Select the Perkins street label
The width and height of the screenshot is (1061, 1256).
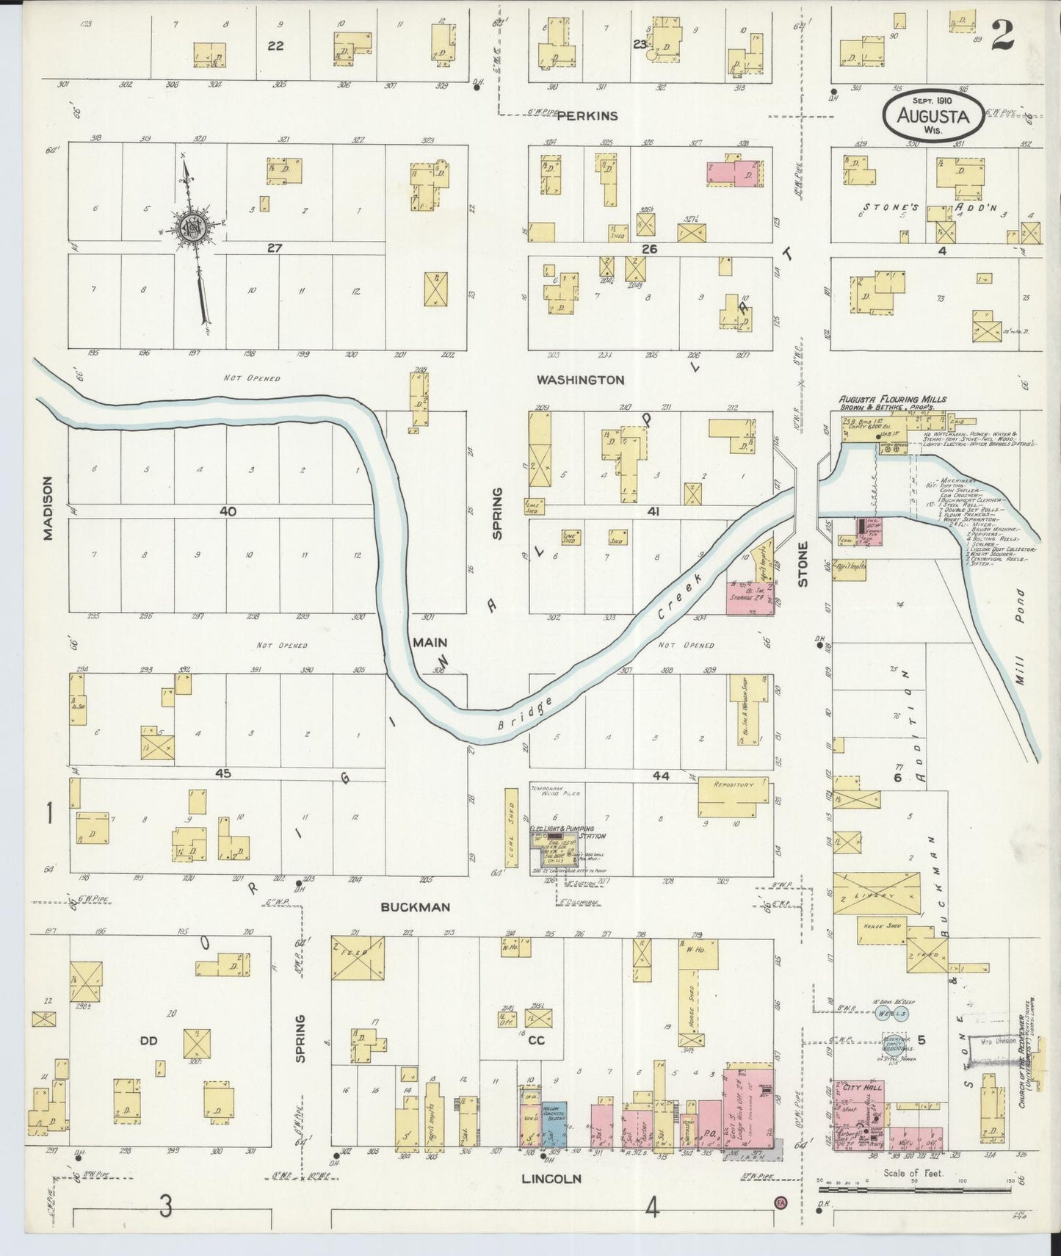click(x=587, y=115)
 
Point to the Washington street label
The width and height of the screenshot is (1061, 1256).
click(x=580, y=380)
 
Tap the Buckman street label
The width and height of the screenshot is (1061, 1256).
click(x=416, y=907)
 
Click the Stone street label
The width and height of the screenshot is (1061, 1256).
click(x=803, y=564)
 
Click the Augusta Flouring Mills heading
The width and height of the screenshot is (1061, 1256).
click(x=892, y=400)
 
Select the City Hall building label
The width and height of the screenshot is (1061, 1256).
click(x=856, y=1088)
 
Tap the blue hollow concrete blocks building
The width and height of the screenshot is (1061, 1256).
click(x=554, y=1125)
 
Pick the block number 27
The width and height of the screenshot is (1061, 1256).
click(x=274, y=248)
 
